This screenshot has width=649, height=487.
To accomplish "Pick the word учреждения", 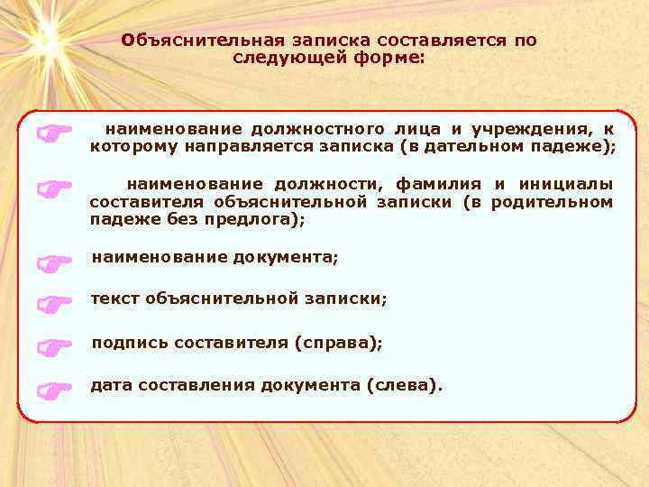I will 544,129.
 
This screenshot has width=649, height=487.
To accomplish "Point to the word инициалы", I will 566,184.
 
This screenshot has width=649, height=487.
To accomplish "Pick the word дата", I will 110,386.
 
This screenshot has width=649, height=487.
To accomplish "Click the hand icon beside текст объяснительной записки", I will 55,304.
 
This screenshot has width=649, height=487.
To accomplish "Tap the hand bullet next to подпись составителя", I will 55,346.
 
